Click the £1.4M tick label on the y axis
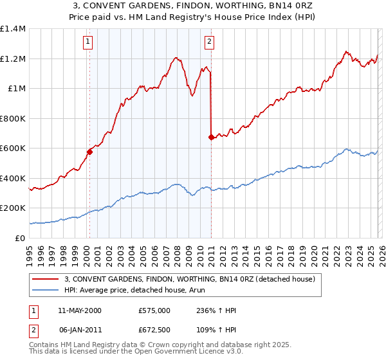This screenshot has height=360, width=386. pyautogui.click(x=13, y=29)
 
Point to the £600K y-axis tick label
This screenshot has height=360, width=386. pyautogui.click(x=13, y=148)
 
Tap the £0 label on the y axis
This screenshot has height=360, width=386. pyautogui.click(x=21, y=238)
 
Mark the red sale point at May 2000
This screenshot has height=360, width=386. pyautogui.click(x=90, y=152)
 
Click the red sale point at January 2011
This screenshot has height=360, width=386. pyautogui.click(x=211, y=137)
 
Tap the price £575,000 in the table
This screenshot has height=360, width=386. pyautogui.click(x=154, y=310)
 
